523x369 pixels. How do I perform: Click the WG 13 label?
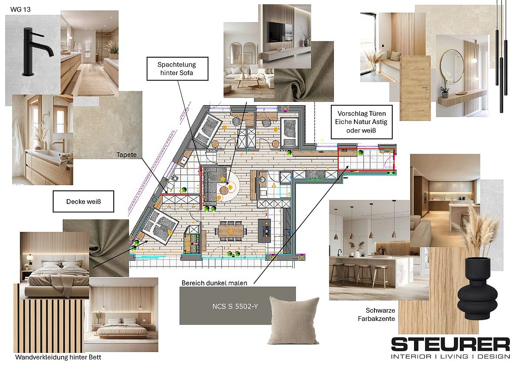coord(20,9)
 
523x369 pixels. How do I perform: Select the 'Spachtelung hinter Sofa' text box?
coord(177,69)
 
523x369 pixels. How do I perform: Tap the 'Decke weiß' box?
coord(83,201)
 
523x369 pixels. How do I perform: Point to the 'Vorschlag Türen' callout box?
coord(361,122)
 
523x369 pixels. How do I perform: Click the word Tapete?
coord(126,155)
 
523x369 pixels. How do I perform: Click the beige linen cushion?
coord(293,320)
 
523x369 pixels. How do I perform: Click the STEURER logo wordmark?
coord(450,344)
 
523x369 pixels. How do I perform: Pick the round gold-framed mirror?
coord(452,66)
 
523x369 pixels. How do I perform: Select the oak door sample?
coord(415,88)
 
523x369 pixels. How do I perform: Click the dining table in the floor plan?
coord(231,231)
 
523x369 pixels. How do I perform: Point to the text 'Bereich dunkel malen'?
coord(214,283)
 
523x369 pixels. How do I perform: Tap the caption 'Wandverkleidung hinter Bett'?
coord(58,357)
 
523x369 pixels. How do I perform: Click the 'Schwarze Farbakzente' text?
coord(377,314)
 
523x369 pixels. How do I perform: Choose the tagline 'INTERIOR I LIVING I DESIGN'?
coord(450,357)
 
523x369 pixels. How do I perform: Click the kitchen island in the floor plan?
coord(264,231)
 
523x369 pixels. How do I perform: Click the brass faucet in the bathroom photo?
coord(60,145)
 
